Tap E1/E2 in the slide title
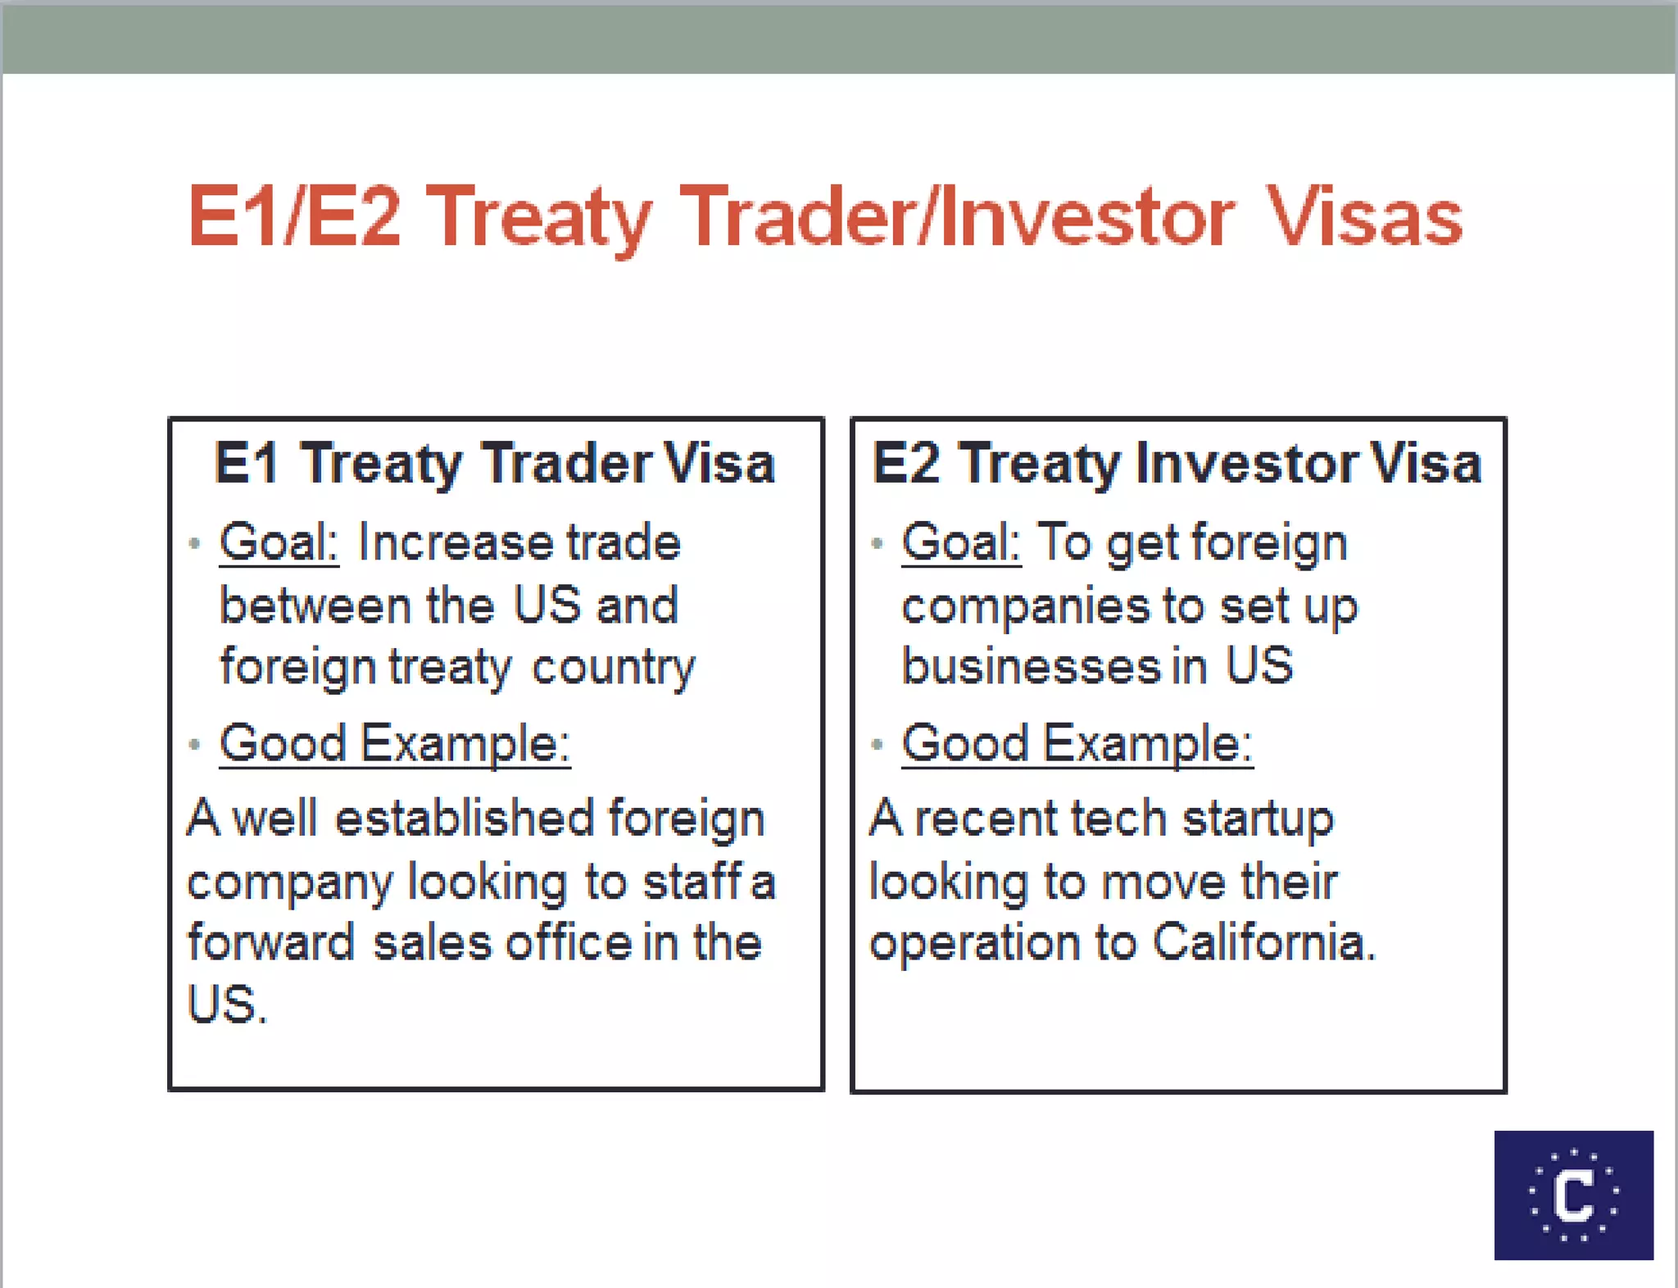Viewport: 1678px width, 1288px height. tap(295, 216)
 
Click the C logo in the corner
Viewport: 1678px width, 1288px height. tap(1573, 1195)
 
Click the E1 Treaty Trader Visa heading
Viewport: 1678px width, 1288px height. tap(494, 464)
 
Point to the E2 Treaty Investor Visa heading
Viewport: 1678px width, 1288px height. tap(1177, 464)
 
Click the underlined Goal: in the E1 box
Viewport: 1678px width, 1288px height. tap(279, 542)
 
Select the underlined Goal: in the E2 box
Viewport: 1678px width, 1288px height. tap(961, 542)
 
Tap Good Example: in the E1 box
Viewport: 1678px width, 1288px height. tap(394, 744)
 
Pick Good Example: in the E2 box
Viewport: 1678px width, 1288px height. tap(1077, 744)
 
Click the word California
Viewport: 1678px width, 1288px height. tap(1263, 942)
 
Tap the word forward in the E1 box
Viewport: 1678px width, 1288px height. tap(270, 942)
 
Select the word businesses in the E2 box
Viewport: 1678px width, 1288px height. tap(1031, 665)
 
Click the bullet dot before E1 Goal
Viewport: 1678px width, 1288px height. tap(194, 543)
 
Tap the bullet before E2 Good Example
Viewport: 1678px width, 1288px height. tap(877, 745)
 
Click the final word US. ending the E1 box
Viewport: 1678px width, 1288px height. tap(226, 1005)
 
